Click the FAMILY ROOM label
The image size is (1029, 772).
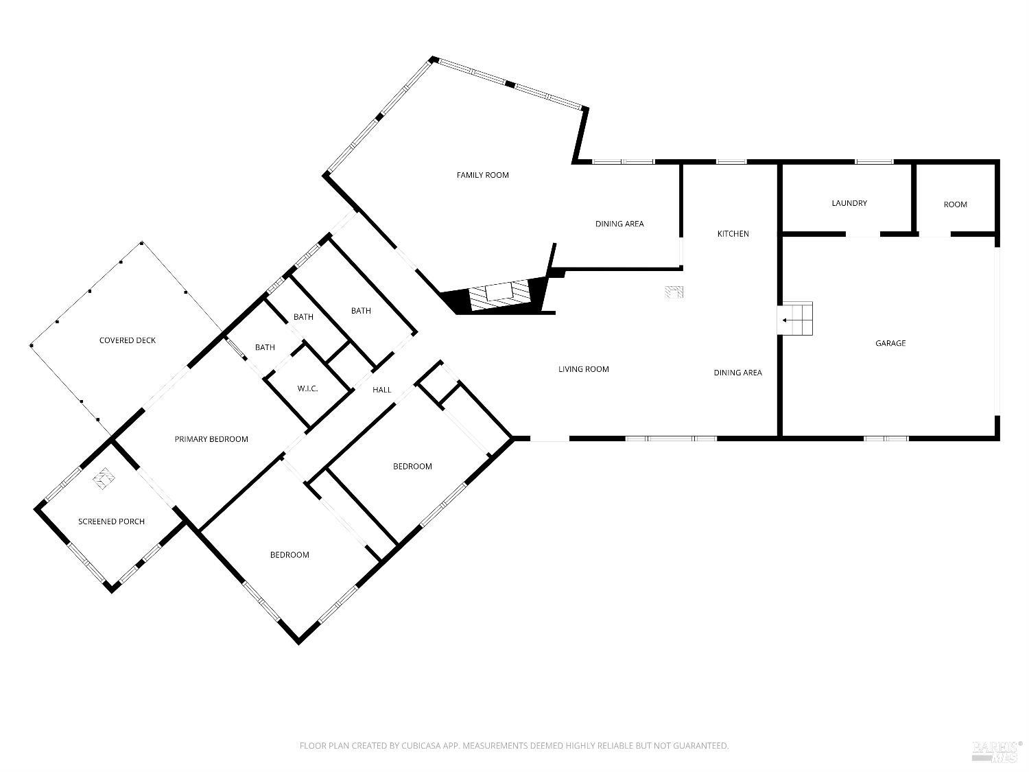[483, 175]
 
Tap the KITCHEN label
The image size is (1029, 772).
[733, 234]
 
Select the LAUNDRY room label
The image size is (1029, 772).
[849, 203]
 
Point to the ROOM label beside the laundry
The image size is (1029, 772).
[955, 204]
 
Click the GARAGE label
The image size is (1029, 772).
[890, 343]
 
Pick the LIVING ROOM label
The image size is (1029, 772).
[583, 369]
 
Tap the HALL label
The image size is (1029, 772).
[381, 390]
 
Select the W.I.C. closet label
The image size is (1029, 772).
[307, 389]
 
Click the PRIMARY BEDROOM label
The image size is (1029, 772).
[211, 439]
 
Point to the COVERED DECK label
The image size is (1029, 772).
[128, 340]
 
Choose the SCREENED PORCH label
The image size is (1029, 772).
[111, 522]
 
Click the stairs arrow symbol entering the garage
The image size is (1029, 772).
[795, 319]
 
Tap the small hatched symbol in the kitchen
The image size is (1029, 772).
[674, 292]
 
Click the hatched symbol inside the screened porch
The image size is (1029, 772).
[104, 478]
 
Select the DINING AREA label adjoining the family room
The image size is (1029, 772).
[619, 224]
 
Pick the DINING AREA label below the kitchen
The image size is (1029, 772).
[737, 373]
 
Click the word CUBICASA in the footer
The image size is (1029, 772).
[421, 746]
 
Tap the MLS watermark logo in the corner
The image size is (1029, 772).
[995, 751]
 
